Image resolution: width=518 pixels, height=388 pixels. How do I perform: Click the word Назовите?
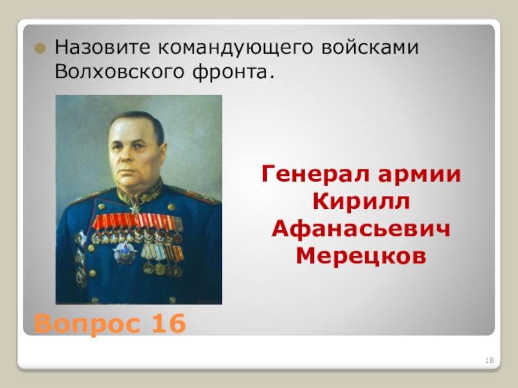(x=96, y=47)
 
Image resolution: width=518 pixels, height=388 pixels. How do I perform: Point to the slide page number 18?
(x=490, y=360)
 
